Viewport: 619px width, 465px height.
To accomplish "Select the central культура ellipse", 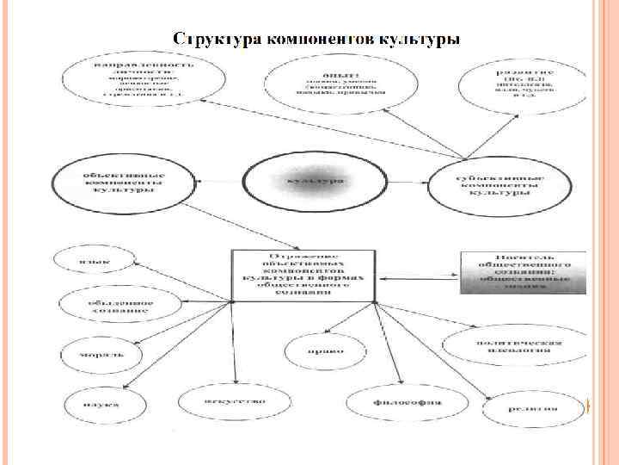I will pos(307,182).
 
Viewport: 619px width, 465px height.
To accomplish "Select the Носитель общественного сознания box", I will pos(522,273).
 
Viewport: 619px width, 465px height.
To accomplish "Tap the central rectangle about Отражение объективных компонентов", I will pos(304,276).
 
